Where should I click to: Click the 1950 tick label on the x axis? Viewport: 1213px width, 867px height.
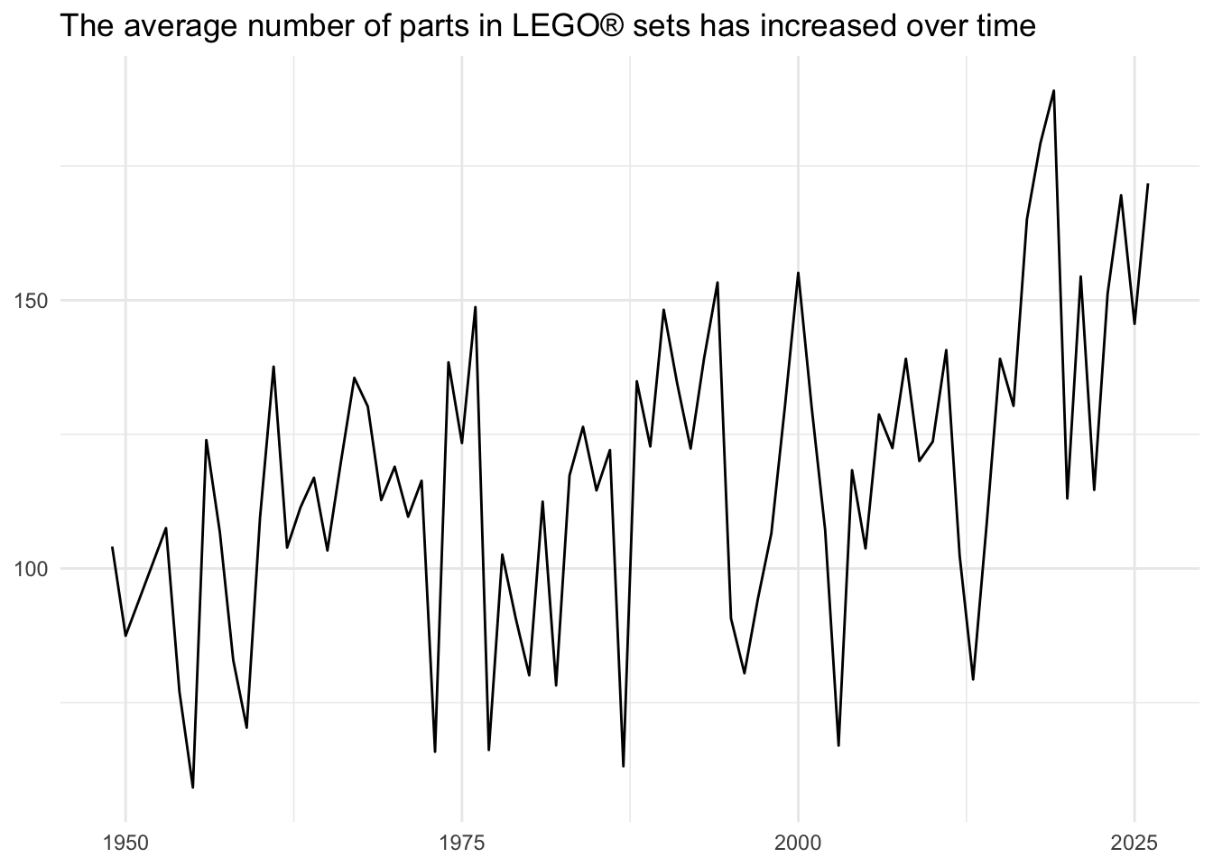pos(125,844)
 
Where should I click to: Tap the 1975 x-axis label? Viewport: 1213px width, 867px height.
pos(462,844)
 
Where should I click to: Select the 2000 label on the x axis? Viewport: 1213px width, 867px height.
pos(798,844)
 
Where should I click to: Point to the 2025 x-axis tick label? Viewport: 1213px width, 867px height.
pos(1134,844)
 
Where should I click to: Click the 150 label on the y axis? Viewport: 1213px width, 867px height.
pos(32,301)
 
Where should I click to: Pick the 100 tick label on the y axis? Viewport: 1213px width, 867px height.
pos(32,570)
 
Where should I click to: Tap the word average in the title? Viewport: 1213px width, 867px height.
pos(181,26)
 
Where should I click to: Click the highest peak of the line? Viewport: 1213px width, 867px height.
pos(1053,90)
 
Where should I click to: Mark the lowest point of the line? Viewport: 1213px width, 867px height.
pos(193,787)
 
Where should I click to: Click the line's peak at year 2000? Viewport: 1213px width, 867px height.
pos(798,273)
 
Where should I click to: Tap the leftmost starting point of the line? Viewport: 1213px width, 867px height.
pos(112,547)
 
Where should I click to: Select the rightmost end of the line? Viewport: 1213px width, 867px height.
pos(1147,184)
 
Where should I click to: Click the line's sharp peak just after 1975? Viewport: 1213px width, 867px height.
pos(475,307)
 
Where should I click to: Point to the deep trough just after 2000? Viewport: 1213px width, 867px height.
pos(838,745)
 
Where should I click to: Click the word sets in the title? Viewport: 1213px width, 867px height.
pos(662,26)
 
